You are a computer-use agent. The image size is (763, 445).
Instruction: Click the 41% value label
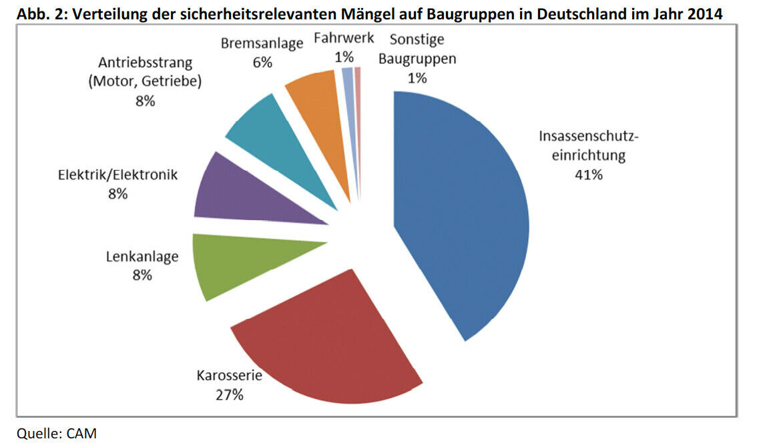pos(589,175)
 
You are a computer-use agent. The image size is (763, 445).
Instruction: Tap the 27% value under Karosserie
pos(229,394)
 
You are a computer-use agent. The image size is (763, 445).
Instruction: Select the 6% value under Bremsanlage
pos(262,63)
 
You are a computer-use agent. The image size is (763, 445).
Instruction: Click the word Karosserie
pos(229,376)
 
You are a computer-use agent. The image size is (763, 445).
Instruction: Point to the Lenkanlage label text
pos(142,256)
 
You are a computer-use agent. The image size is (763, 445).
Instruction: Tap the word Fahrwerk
pos(344,39)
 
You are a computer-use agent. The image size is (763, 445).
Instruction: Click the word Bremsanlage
pos(262,44)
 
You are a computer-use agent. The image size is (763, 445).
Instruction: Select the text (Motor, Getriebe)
pos(145,81)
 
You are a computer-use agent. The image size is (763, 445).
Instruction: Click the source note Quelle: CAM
pos(57,434)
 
